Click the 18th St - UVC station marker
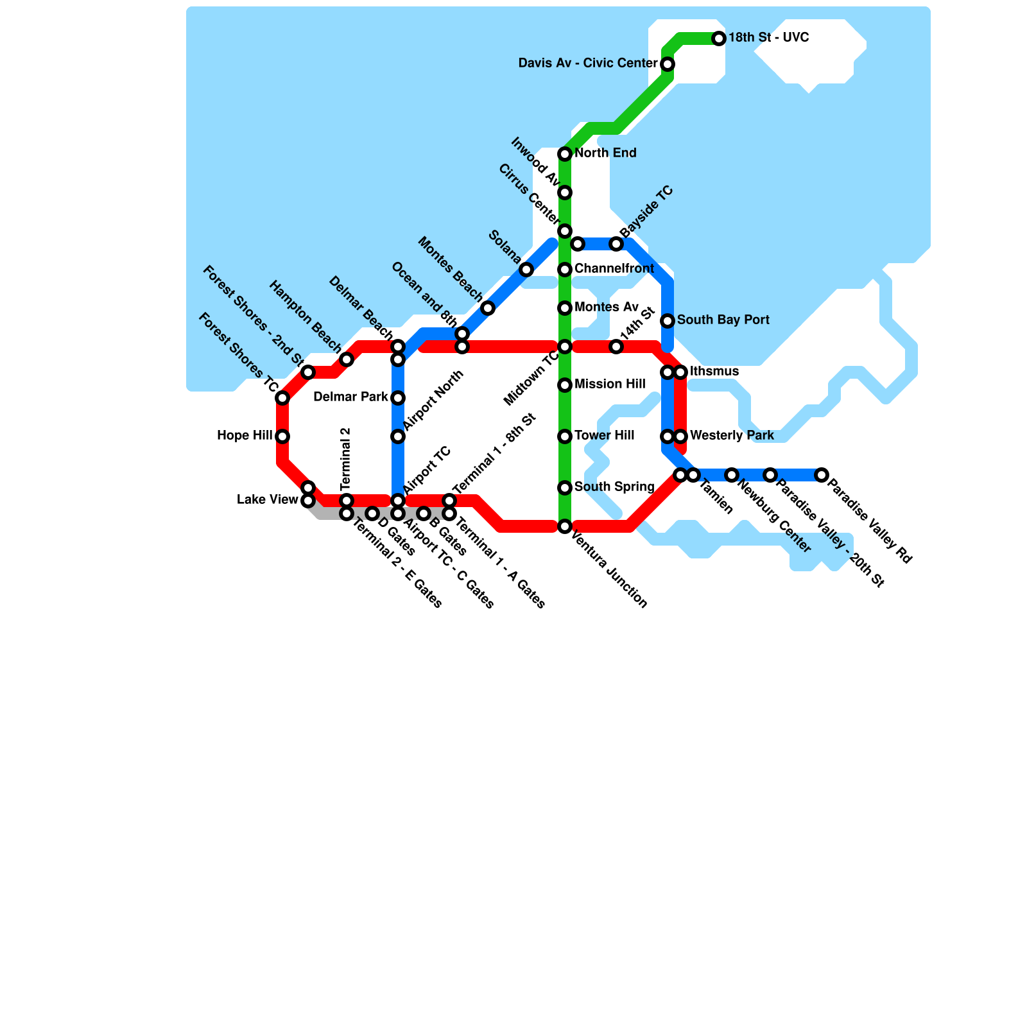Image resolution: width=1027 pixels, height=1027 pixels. (x=719, y=39)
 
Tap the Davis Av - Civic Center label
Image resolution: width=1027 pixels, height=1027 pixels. (x=587, y=64)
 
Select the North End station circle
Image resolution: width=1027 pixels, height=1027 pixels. (x=565, y=154)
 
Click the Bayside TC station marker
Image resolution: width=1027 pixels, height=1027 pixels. (x=616, y=244)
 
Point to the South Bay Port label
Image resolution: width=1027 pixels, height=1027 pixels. (x=723, y=320)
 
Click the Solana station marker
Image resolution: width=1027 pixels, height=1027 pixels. (x=526, y=270)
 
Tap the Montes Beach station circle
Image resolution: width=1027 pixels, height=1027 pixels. (x=488, y=308)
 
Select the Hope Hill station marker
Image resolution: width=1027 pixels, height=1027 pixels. (x=282, y=436)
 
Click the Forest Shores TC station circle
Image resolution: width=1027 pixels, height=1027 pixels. (x=282, y=398)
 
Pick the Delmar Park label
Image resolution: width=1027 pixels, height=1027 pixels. (x=350, y=397)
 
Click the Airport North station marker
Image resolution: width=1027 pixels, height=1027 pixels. (x=398, y=436)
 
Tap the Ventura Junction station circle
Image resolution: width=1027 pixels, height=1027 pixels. (x=565, y=526)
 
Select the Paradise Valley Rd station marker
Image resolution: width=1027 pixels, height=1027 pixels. (x=822, y=475)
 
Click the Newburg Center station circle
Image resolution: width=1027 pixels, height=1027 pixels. (x=732, y=475)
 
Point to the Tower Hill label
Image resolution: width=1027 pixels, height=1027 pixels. (x=604, y=436)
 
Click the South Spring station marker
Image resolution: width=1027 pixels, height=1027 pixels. (x=565, y=488)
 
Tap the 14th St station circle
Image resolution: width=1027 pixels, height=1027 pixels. (x=616, y=347)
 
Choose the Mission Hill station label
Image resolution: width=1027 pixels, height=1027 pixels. (x=610, y=384)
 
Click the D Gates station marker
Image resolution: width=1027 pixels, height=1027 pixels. (x=372, y=513)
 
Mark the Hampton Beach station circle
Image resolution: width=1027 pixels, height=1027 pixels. (x=347, y=359)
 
